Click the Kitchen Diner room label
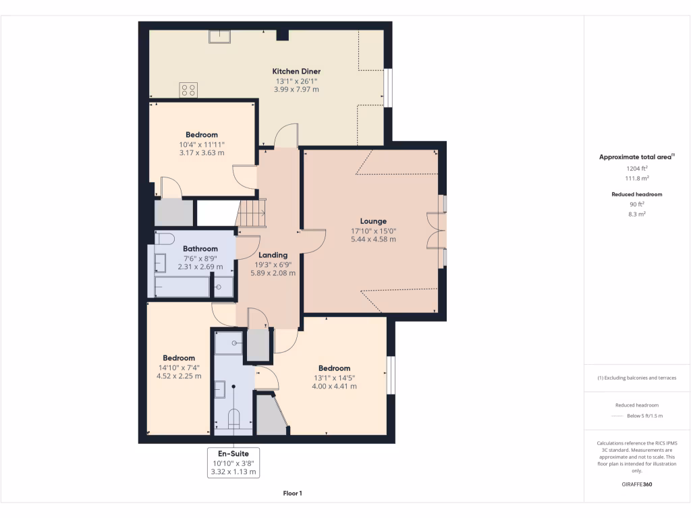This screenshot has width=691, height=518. (296, 71)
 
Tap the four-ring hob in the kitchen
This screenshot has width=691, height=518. (188, 90)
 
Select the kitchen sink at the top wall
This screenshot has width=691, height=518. (219, 36)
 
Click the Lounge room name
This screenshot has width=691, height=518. (373, 221)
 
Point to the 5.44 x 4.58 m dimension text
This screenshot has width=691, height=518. (373, 239)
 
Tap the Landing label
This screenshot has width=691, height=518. (273, 255)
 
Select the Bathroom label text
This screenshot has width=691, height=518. (200, 249)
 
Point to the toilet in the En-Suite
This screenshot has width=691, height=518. (233, 419)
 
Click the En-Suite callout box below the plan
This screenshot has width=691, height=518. (233, 463)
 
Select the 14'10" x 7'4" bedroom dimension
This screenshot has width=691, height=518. (179, 368)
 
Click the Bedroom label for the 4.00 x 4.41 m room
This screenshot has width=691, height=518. (334, 368)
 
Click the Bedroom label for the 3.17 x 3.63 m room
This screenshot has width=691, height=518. (202, 135)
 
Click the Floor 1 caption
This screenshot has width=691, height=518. (292, 494)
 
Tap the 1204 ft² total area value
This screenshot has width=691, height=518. (637, 168)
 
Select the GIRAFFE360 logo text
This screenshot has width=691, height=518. (637, 484)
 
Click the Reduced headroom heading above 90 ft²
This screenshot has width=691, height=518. (637, 194)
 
